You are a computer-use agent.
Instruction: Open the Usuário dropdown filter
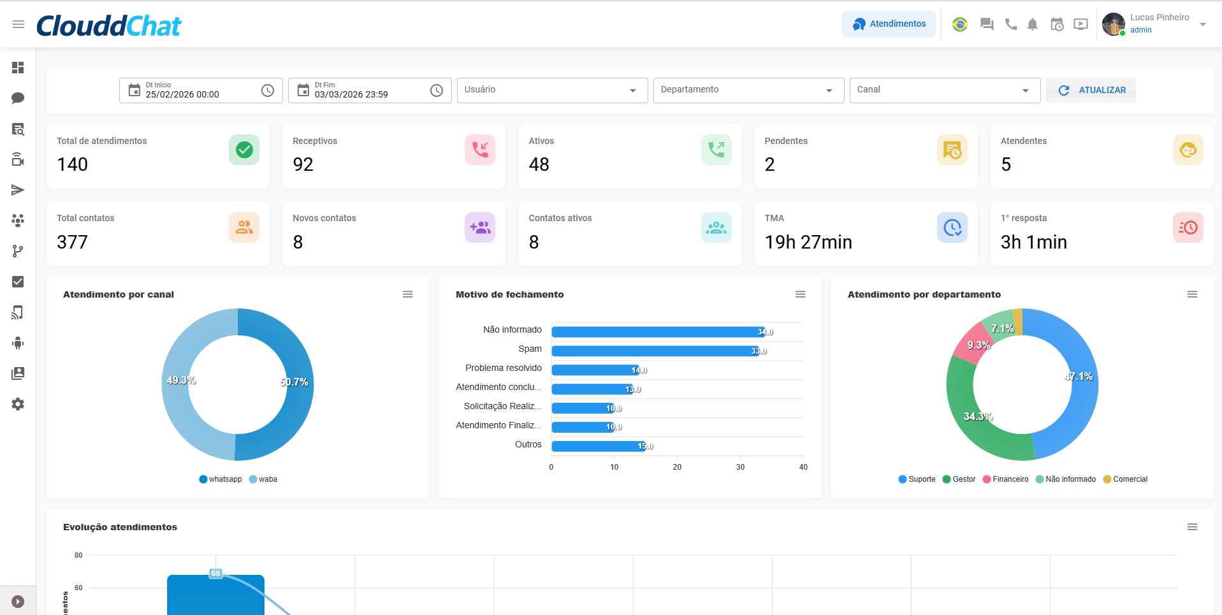(551, 90)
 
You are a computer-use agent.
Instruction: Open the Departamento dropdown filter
(748, 90)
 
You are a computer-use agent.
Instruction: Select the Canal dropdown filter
(944, 90)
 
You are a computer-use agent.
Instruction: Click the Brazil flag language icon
(959, 24)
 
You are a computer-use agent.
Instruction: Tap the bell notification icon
(1032, 24)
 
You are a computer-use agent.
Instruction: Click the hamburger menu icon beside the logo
(18, 24)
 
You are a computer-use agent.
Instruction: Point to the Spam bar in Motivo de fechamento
(655, 351)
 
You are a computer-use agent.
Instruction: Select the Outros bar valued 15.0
(599, 446)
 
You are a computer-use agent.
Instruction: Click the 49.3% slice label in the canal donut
(181, 380)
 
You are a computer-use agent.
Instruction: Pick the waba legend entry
(263, 479)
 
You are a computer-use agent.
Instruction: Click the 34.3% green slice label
(978, 416)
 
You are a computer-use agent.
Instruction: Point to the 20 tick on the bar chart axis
(677, 467)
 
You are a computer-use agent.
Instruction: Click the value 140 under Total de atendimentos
(73, 164)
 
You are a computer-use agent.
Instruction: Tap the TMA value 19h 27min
(808, 242)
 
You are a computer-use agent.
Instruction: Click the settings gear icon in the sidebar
(18, 404)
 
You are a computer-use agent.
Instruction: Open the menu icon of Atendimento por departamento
(1192, 294)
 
